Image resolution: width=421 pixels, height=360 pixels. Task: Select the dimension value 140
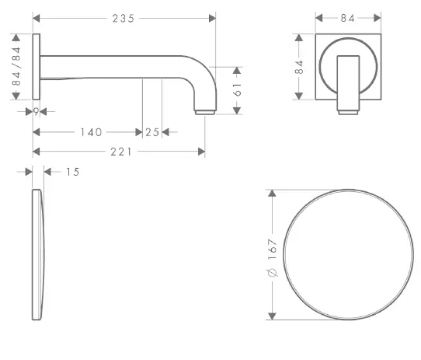point(91,132)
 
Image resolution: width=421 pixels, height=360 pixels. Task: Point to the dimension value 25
point(152,132)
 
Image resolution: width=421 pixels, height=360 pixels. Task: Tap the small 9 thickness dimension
point(37,112)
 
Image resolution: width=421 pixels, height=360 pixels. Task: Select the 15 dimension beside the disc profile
point(72,171)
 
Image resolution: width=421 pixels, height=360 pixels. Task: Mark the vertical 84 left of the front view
point(299,67)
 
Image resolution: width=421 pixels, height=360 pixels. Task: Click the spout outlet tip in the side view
point(204,112)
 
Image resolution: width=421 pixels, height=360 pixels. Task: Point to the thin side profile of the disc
point(38,253)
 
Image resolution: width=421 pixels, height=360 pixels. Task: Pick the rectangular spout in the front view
point(348,82)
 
